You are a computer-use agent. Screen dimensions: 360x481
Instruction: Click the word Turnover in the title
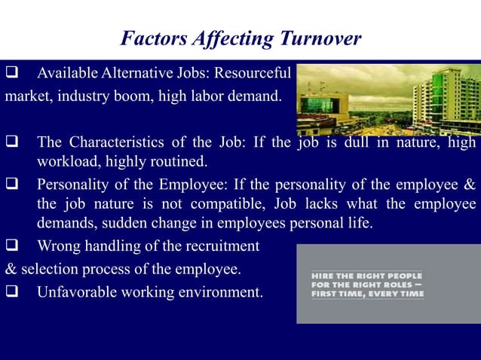(321, 38)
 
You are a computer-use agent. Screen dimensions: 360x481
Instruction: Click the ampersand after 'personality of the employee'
(470, 185)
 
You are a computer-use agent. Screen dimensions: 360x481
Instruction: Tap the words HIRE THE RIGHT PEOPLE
(366, 276)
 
